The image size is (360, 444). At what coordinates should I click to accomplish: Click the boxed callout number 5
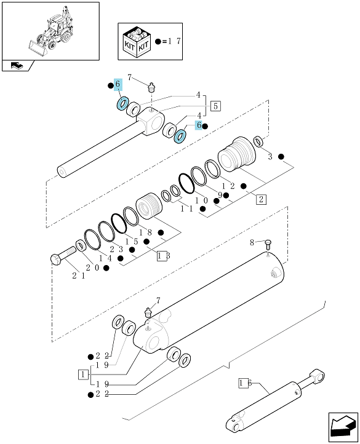pos(216,106)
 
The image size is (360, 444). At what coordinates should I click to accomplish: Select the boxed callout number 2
pos(261,199)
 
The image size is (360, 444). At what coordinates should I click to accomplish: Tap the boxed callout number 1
pos(83,375)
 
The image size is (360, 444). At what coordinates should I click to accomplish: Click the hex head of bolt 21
pos(56,259)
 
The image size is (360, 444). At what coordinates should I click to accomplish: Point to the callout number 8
pos(252,242)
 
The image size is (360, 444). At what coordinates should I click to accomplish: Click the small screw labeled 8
pos(268,245)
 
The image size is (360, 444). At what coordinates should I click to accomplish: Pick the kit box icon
pos(137,42)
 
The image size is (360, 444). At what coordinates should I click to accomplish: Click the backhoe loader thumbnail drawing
pos(50,31)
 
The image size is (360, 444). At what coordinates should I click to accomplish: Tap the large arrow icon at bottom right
pos(343,427)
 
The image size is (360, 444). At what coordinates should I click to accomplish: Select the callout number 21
pos(79,276)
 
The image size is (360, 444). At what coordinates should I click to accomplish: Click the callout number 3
pos(270,157)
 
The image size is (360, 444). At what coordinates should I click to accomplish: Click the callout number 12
pos(228,186)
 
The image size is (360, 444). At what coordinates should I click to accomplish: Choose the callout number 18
pos(145,232)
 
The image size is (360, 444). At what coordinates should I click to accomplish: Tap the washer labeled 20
pos(81,245)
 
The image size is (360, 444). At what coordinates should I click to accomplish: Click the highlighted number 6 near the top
pos(118,84)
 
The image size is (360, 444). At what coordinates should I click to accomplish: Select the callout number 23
pos(116,250)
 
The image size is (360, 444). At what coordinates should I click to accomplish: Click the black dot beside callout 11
pos(202,208)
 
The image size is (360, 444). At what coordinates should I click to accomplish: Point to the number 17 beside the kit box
pos(174,41)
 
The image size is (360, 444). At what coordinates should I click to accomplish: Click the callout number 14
pos(105,258)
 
